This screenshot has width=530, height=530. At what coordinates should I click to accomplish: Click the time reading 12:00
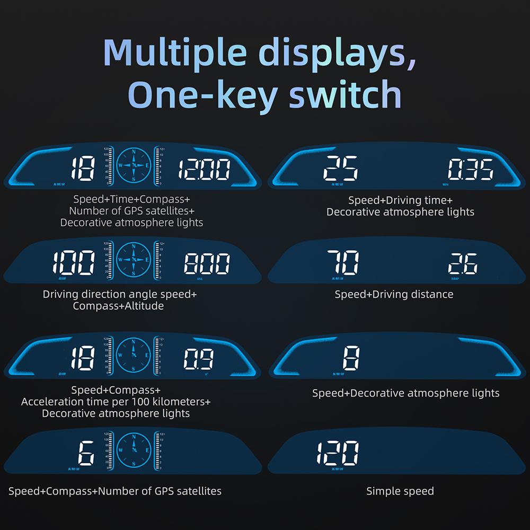204,170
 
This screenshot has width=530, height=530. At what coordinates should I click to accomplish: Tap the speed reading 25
341,169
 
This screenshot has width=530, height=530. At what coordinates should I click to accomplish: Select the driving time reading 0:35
470,170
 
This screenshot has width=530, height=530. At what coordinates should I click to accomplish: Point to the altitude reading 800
207,263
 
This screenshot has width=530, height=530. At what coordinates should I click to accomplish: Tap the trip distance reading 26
462,263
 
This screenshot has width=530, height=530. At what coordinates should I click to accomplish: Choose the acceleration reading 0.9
199,359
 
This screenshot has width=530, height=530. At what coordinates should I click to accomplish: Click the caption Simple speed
400,491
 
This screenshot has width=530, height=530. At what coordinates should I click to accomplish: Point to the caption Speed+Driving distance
394,294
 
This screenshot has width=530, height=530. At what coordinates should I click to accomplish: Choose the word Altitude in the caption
142,306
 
